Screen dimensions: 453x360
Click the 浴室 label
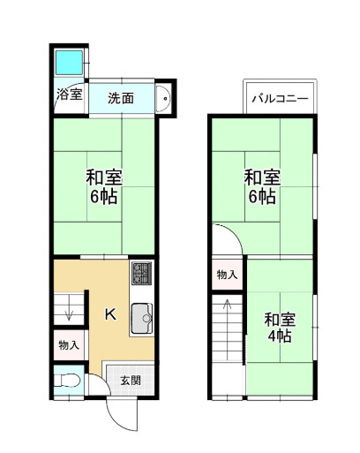[x=69, y=94]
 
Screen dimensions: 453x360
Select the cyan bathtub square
[x=68, y=64]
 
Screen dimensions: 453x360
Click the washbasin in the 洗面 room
[x=162, y=99]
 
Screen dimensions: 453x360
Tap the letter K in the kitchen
[x=110, y=313]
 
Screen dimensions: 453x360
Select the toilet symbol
[x=65, y=381]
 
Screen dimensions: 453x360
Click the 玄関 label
[x=130, y=380]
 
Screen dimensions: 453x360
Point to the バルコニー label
[x=279, y=98]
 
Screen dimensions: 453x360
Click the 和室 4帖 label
[x=280, y=327]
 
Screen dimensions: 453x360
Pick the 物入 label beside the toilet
[x=68, y=344]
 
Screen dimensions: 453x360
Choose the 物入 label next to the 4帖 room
[x=227, y=275]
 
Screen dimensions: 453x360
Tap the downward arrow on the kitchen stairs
[x=67, y=312]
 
